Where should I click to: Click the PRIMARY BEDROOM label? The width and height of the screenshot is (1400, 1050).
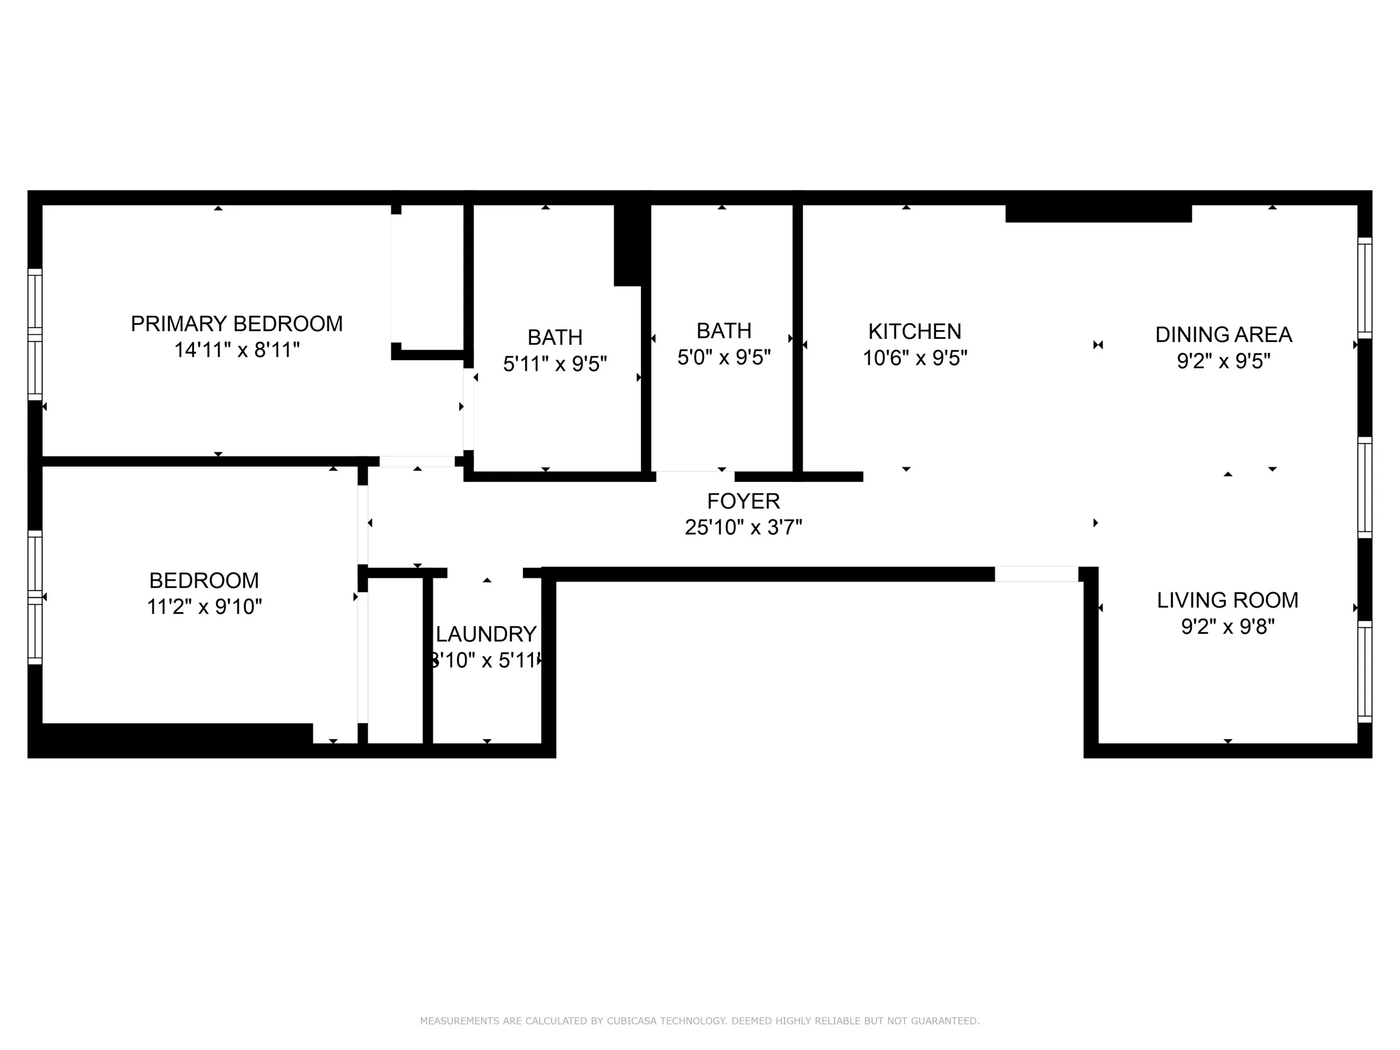click(x=236, y=324)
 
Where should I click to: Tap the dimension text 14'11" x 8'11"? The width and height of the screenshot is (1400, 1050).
click(x=236, y=350)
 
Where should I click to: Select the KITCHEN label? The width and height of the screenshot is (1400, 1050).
click(x=914, y=332)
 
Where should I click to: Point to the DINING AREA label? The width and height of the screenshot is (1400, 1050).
click(x=1223, y=335)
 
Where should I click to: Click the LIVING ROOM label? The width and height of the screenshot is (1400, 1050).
click(x=1227, y=601)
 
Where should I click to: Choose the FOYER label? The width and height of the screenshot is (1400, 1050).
click(x=743, y=502)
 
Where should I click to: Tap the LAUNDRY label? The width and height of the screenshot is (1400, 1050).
click(x=486, y=634)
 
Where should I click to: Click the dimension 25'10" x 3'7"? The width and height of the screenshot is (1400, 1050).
click(x=743, y=528)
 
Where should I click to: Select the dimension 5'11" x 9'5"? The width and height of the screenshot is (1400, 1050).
click(x=554, y=364)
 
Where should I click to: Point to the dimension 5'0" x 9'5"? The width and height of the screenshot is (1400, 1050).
click(x=723, y=358)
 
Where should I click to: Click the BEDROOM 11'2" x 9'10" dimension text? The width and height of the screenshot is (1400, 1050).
click(x=204, y=607)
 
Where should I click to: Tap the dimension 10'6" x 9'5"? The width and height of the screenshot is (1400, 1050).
click(x=914, y=359)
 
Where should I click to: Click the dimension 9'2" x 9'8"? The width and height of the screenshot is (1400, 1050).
click(x=1227, y=627)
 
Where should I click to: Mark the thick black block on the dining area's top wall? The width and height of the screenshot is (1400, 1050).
click(x=1098, y=214)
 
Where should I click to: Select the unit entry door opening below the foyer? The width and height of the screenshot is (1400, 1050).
click(x=1036, y=574)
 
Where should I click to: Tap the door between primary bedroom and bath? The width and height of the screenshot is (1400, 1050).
click(x=468, y=409)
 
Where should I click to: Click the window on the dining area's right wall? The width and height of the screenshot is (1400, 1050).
click(x=1364, y=289)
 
